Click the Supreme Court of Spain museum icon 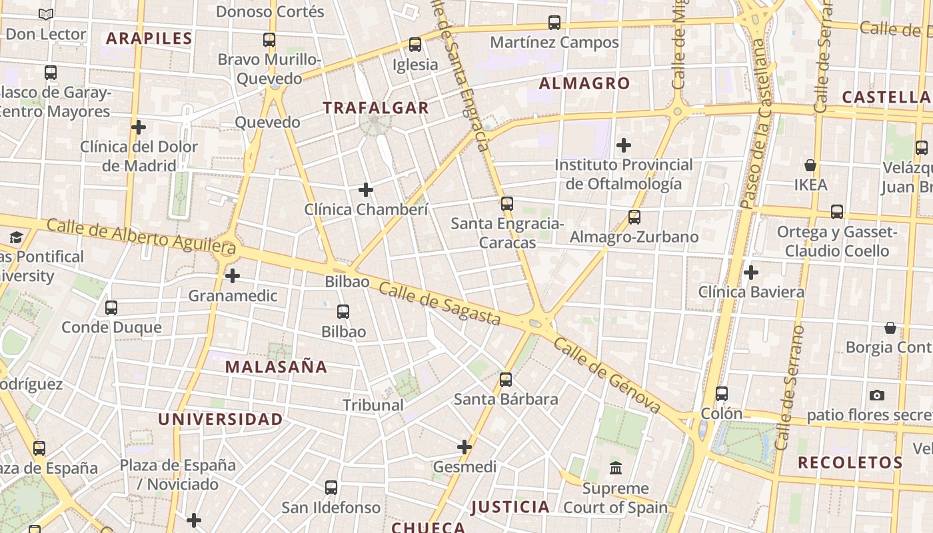pyautogui.click(x=616, y=468)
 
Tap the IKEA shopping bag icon pyautogui.click(x=810, y=165)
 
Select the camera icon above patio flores pyautogui.click(x=877, y=395)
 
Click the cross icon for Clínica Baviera pyautogui.click(x=751, y=272)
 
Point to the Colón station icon pyautogui.click(x=722, y=394)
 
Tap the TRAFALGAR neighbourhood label pyautogui.click(x=376, y=108)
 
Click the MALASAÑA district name pyautogui.click(x=276, y=367)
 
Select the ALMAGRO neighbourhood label pyautogui.click(x=584, y=84)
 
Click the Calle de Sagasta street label pyautogui.click(x=439, y=303)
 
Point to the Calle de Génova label pyautogui.click(x=606, y=375)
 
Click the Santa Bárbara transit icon pyautogui.click(x=506, y=380)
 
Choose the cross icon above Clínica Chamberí pyautogui.click(x=366, y=190)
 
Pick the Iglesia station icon pyautogui.click(x=415, y=45)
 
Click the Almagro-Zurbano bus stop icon pyautogui.click(x=634, y=217)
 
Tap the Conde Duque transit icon pyautogui.click(x=111, y=308)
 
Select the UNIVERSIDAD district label pyautogui.click(x=221, y=420)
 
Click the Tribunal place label pyautogui.click(x=373, y=405)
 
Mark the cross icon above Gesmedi pyautogui.click(x=465, y=447)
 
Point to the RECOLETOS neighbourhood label pyautogui.click(x=850, y=463)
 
